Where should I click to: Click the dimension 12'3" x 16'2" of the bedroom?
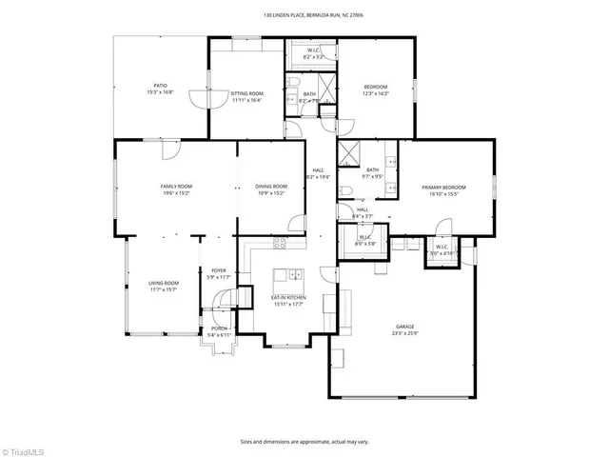(376, 93)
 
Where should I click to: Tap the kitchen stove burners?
(280, 243)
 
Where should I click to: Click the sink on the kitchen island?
(296, 276)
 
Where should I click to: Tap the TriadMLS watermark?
(23, 447)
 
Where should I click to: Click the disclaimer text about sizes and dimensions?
(304, 441)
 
